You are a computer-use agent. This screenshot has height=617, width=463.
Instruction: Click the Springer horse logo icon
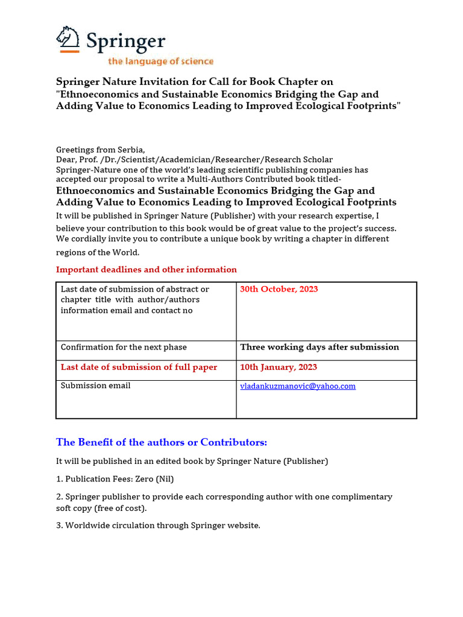(68, 39)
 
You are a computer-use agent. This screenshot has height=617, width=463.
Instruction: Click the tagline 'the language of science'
(160, 61)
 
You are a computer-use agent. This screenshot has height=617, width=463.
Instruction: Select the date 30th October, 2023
(279, 289)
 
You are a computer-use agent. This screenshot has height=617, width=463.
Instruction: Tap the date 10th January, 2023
(279, 367)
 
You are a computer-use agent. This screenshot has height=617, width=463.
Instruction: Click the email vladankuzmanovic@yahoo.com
(298, 386)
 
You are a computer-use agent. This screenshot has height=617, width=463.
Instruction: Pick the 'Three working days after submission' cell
(320, 347)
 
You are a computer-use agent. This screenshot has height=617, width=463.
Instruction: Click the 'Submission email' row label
(95, 386)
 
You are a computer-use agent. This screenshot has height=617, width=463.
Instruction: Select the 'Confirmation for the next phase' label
(124, 347)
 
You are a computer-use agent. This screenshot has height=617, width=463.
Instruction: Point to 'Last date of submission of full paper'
(139, 367)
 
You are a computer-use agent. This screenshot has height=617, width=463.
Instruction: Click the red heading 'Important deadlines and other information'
(146, 269)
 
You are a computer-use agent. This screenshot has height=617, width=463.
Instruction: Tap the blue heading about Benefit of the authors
(162, 442)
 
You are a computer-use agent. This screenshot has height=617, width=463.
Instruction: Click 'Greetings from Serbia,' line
(101, 149)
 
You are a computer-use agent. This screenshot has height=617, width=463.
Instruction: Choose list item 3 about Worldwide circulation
(158, 525)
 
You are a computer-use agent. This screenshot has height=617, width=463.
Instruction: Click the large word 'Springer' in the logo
(125, 41)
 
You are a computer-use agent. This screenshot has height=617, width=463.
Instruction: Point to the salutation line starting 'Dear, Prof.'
(194, 160)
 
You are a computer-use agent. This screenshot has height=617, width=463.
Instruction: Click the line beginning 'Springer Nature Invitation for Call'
(194, 81)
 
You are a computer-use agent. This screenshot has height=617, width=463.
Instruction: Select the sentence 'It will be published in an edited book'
(192, 461)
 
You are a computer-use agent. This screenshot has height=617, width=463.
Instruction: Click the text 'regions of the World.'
(98, 252)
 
